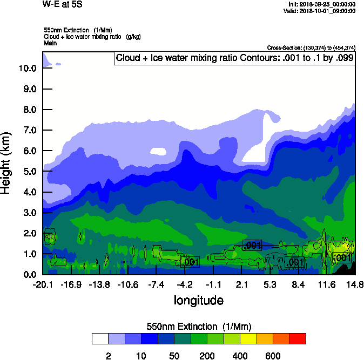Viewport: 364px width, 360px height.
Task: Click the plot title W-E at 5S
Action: click(63, 4)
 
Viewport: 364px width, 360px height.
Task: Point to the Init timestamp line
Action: click(322, 4)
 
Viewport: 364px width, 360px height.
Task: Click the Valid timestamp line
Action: click(322, 10)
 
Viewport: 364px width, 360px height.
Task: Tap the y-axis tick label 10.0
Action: click(27, 69)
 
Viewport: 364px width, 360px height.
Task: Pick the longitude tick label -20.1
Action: click(43, 284)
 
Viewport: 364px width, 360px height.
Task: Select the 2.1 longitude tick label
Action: click(241, 284)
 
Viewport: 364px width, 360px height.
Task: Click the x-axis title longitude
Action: click(199, 300)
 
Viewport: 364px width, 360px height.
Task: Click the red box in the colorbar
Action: click(298, 339)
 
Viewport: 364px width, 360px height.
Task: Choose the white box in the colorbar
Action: click(100, 339)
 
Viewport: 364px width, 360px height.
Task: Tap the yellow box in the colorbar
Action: click(248, 339)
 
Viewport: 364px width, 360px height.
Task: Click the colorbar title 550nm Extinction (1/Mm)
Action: click(199, 327)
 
